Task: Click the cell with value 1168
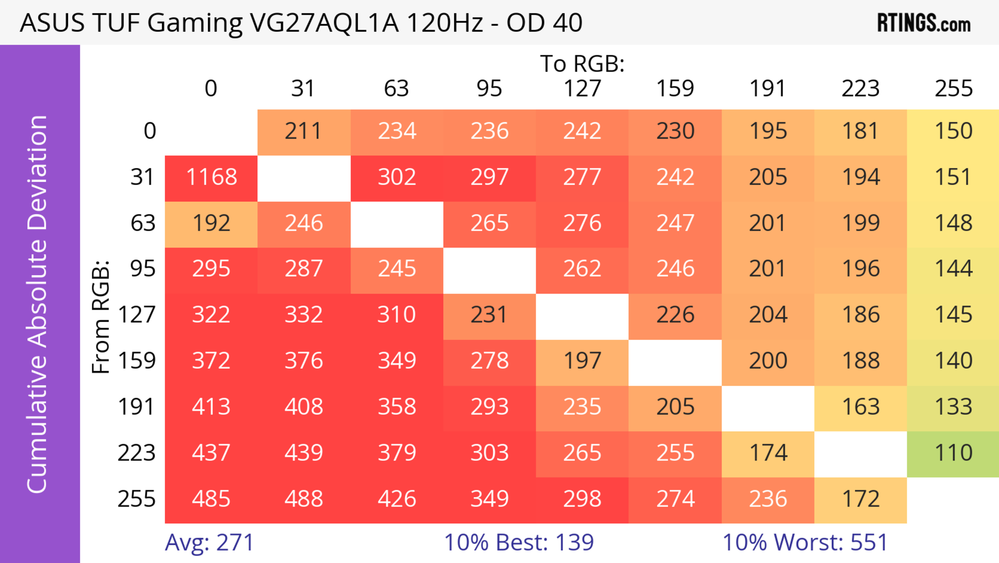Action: pyautogui.click(x=211, y=177)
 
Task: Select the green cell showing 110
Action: pyautogui.click(x=953, y=453)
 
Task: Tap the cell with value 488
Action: pyautogui.click(x=304, y=499)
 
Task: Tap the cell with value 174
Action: pyautogui.click(x=768, y=453)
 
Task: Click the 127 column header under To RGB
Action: pyautogui.click(x=582, y=89)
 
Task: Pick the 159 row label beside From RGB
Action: pyautogui.click(x=137, y=361)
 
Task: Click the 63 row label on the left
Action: pyautogui.click(x=143, y=223)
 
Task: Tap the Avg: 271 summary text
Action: pyautogui.click(x=209, y=542)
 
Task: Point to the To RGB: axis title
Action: pyautogui.click(x=582, y=64)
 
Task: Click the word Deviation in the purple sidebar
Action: pyautogui.click(x=38, y=173)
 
